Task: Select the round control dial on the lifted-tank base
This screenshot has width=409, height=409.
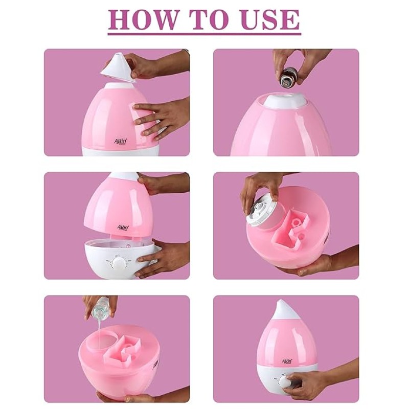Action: coord(119,263)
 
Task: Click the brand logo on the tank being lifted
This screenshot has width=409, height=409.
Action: coord(123,228)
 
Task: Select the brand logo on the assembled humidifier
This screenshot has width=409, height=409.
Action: coord(287,361)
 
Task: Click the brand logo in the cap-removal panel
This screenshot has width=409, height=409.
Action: coord(121,141)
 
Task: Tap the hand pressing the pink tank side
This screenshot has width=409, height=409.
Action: coord(160,118)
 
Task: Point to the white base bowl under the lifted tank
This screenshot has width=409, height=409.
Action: coord(121,259)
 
